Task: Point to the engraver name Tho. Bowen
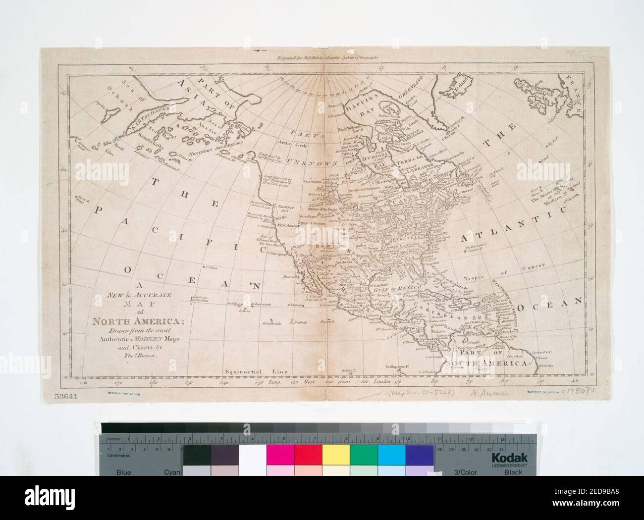tap(115, 362)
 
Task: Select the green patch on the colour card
tap(364, 455)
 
